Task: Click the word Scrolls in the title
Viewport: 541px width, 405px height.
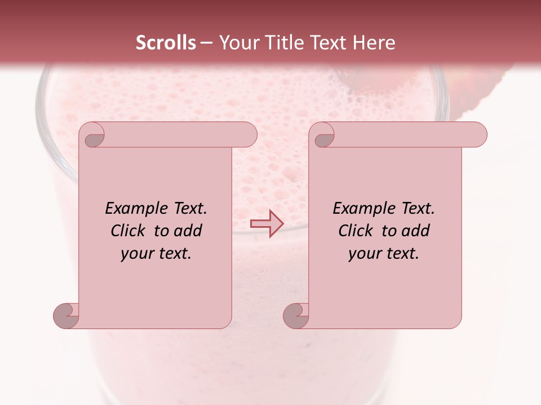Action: coord(166,43)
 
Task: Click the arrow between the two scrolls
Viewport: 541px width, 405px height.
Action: coord(267,223)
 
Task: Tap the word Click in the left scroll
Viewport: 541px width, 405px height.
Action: coord(129,231)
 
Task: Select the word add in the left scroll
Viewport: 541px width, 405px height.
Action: coord(188,231)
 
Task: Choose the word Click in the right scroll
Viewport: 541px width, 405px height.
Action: coord(357,231)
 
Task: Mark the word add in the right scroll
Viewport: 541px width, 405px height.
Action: coord(415,231)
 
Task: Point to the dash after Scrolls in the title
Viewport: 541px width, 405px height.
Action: coord(206,43)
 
